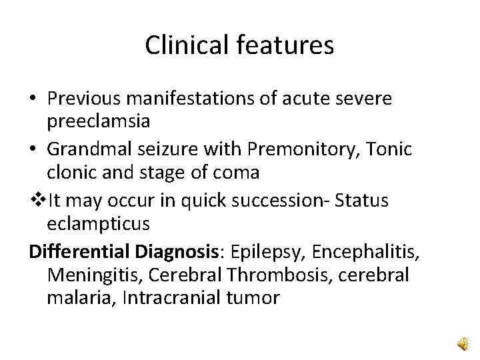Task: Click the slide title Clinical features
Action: coord(240,45)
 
